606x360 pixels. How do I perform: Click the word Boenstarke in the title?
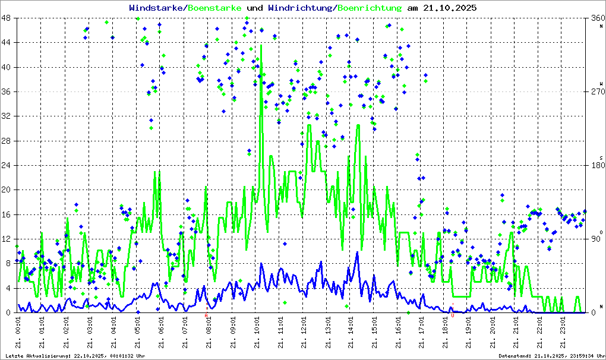pos(214,8)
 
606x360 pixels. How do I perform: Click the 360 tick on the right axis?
pos(596,18)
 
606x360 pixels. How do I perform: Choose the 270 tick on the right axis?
pos(596,91)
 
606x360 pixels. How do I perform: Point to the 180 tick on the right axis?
pos(596,165)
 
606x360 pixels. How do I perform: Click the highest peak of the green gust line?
pos(261,45)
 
